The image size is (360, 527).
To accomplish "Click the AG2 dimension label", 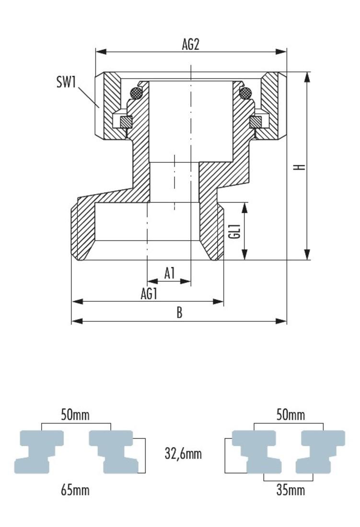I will tap(190, 45).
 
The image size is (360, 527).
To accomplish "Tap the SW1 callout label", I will tap(66, 82).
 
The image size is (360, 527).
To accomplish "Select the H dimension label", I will tap(300, 167).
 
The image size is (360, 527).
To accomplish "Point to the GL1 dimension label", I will tap(234, 231).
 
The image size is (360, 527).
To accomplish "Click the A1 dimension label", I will tap(170, 274).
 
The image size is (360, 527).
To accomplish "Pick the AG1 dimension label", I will tap(149, 294).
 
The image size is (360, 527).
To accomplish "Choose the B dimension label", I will tap(179, 313).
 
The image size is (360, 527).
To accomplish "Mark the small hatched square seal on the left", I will tap(126, 122).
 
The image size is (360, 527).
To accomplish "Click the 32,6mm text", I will tap(183, 454).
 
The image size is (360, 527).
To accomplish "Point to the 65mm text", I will tap(75, 490).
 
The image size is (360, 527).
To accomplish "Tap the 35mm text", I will tap(290, 490).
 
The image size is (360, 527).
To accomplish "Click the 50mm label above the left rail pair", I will tap(75, 415).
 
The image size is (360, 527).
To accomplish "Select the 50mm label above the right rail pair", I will tap(290, 415).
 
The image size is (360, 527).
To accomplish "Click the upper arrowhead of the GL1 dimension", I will tap(244, 206).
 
